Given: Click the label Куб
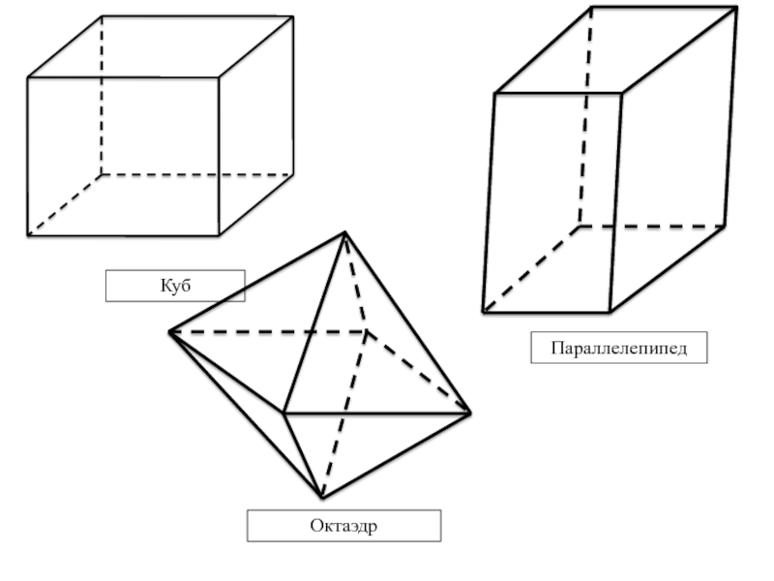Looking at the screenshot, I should [174, 286].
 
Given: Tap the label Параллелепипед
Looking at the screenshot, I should [618, 348].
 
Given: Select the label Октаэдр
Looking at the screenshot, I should [343, 526].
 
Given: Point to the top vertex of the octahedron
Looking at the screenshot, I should [344, 232].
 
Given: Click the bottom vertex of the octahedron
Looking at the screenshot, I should [322, 498].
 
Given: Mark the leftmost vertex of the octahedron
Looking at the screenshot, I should [170, 332].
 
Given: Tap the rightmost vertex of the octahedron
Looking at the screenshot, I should [470, 413].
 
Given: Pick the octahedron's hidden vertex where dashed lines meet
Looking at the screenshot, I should [367, 332].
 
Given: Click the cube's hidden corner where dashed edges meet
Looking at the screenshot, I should [101, 175].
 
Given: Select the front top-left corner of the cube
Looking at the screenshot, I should [28, 77].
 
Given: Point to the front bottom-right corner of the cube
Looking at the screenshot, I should [219, 234].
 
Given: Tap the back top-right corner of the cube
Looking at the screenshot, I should [292, 16].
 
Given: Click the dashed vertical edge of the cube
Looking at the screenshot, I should [101, 97].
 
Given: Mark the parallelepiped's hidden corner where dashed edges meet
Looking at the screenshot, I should [579, 227].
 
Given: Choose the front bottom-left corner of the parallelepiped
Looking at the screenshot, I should [483, 312].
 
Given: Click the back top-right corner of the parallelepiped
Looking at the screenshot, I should [736, 8].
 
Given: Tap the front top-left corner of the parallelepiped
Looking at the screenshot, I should [494, 94].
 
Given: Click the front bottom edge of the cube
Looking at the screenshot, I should [124, 234].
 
